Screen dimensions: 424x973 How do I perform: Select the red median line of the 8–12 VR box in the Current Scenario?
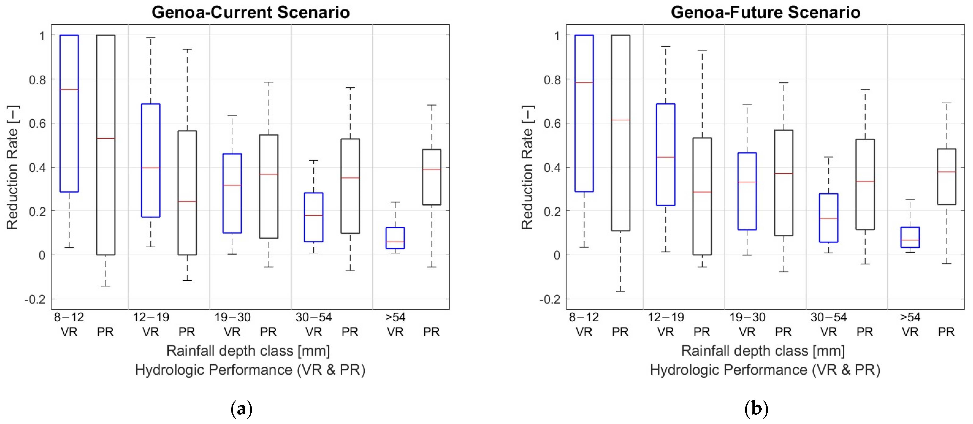click(69, 89)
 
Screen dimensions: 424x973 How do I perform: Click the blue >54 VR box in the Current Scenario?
click(395, 238)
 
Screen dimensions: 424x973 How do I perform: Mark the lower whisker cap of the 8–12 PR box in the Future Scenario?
click(620, 291)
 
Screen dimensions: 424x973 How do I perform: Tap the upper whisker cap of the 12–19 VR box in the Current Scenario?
click(151, 38)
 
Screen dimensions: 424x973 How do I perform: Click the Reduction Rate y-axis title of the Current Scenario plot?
click(13, 167)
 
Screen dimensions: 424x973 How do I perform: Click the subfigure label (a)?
click(241, 409)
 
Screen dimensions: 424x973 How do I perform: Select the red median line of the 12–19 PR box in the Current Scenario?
click(187, 202)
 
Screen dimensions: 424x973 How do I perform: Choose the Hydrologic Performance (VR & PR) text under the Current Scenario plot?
click(250, 370)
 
